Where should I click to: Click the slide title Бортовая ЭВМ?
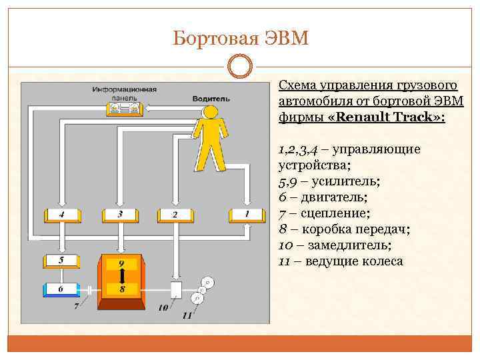point(240,38)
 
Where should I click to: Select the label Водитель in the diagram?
point(211,98)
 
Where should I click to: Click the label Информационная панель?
point(125,93)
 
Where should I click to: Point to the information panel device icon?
point(125,108)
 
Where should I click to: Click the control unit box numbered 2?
point(175,215)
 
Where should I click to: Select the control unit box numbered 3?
point(120,215)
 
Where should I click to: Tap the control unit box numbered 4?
point(62,215)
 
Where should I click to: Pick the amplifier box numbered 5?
point(62,261)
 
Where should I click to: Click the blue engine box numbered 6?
point(62,290)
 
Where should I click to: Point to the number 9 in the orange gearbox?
point(121,264)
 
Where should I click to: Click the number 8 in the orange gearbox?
point(121,289)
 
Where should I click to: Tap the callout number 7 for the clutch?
point(76,307)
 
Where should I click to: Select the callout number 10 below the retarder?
point(163,308)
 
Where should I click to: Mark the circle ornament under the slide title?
point(240,67)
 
